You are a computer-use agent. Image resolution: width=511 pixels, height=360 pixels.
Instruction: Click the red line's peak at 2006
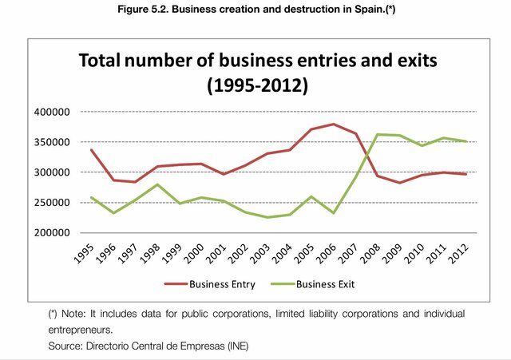click(x=333, y=124)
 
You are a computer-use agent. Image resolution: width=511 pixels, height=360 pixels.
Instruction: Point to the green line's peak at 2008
click(x=377, y=134)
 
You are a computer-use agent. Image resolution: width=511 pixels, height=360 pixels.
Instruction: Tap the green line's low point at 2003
click(x=268, y=217)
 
